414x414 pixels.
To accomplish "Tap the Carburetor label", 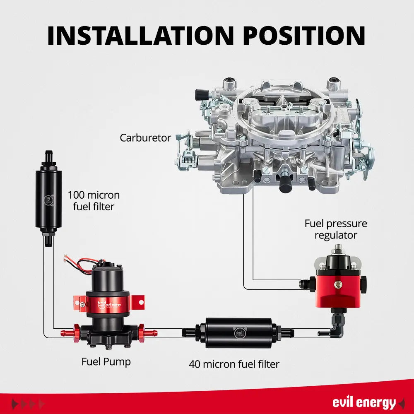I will (145, 138).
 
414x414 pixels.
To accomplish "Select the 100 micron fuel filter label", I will (94, 200).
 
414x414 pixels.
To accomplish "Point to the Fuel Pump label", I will (106, 361).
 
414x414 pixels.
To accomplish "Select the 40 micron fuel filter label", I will (234, 364).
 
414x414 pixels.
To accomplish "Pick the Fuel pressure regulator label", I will (336, 229).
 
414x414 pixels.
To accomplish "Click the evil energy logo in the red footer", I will (364, 402).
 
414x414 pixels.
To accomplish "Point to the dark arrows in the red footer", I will (27, 404).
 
